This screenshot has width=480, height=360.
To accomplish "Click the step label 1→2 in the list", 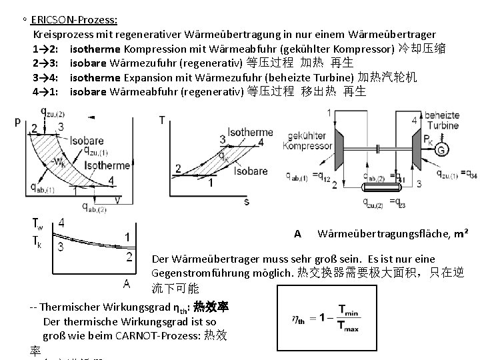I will point(47,49).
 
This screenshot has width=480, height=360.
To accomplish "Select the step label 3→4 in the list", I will point(47,77).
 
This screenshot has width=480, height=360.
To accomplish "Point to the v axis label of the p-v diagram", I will point(118,198).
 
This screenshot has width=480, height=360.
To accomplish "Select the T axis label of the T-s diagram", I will point(162,120).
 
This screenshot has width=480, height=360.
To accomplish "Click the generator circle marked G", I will point(441,151).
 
